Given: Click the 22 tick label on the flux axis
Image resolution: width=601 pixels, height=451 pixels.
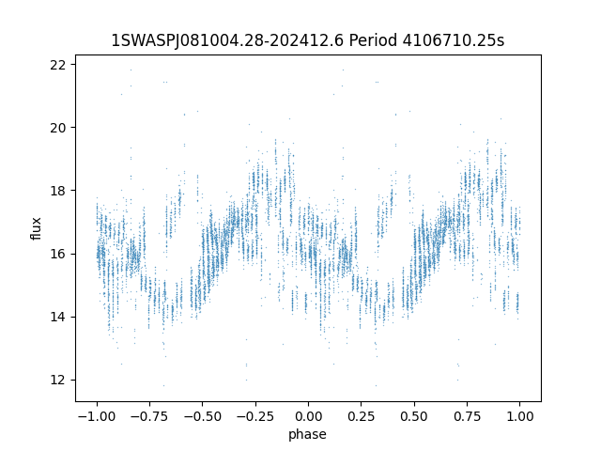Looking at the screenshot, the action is [x=58, y=65].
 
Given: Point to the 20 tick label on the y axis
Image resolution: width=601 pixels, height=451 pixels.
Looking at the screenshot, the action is [x=58, y=128].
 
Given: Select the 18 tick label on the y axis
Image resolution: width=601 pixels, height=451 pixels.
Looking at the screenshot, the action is [x=58, y=191].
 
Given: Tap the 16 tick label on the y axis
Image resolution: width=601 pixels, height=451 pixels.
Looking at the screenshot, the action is [x=58, y=254].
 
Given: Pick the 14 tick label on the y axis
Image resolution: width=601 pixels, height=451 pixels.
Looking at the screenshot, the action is [x=58, y=318].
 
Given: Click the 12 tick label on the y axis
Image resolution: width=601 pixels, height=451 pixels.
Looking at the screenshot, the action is [x=58, y=380].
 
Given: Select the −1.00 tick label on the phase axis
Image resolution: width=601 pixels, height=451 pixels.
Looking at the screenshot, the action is [x=97, y=416].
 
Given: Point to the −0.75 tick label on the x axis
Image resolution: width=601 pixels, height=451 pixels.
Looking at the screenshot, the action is [x=149, y=416].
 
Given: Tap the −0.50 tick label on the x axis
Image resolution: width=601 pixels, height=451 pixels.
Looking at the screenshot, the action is [x=203, y=416].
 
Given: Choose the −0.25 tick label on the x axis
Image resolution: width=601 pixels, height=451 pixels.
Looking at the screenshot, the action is [x=255, y=416].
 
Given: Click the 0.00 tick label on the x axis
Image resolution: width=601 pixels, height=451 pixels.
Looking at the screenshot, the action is [x=308, y=416].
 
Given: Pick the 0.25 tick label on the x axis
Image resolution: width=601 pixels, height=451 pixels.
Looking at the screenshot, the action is [x=361, y=416].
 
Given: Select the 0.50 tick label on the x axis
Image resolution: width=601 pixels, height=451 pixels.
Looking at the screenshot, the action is [x=414, y=416].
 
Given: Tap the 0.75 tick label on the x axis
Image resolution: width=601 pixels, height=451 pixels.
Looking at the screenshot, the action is [x=467, y=416].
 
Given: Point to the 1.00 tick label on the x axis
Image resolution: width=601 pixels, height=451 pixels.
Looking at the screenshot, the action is [x=519, y=416].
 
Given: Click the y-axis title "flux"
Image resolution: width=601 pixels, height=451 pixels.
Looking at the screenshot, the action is [x=36, y=228].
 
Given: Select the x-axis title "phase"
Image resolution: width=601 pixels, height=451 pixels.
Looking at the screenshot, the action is [x=307, y=434].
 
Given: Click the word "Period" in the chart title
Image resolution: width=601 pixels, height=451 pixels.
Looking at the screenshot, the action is [x=373, y=39].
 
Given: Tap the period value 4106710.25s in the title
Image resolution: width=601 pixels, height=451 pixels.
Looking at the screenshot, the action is [x=454, y=39].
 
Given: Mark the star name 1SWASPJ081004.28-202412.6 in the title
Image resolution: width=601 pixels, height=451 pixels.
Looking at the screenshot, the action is [x=227, y=39].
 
